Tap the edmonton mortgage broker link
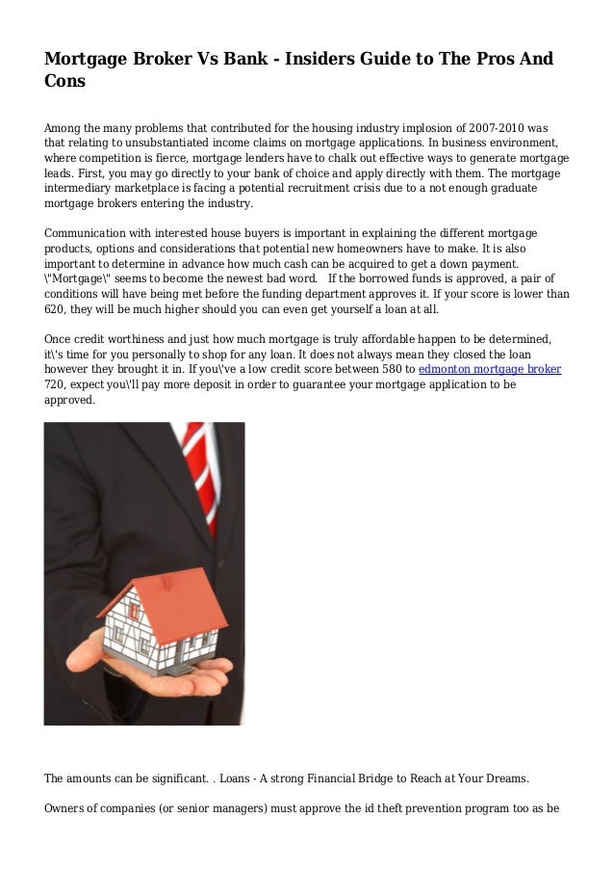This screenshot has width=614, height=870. click(491, 368)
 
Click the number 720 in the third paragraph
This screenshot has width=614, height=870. click(57, 383)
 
